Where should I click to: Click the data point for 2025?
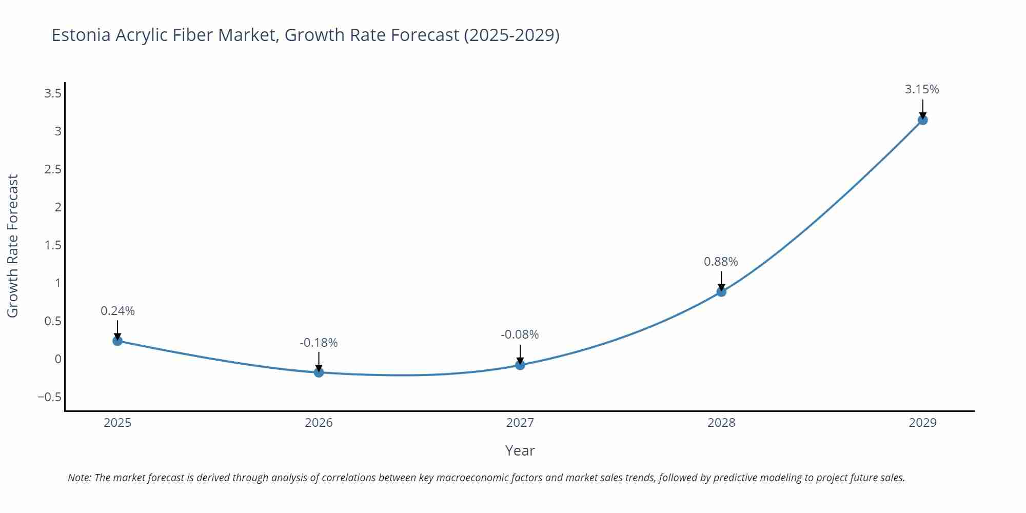click(x=117, y=341)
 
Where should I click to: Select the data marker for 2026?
click(x=319, y=372)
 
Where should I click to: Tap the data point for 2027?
click(x=520, y=365)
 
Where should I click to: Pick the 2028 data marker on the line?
click(x=721, y=292)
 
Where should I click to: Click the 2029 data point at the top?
click(x=922, y=120)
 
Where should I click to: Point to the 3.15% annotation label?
click(x=922, y=89)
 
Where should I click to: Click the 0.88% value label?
click(x=721, y=262)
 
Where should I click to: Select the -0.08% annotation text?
click(x=520, y=334)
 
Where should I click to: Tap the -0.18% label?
click(x=319, y=343)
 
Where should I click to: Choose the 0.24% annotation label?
click(x=117, y=311)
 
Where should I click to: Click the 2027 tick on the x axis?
click(x=520, y=423)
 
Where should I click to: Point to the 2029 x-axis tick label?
click(x=922, y=423)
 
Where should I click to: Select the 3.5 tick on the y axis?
click(x=53, y=93)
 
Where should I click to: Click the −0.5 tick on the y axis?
click(x=49, y=397)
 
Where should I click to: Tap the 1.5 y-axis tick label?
click(x=53, y=245)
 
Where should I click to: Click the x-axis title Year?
click(x=520, y=450)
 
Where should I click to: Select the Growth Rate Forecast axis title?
click(x=12, y=246)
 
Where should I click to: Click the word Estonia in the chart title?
click(x=81, y=35)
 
